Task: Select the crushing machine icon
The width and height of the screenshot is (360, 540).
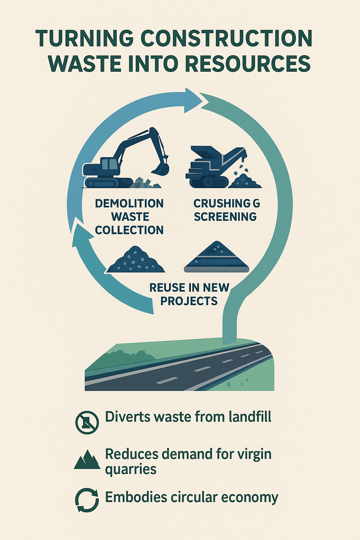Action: [211, 167]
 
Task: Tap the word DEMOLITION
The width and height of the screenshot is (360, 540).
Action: [129, 204]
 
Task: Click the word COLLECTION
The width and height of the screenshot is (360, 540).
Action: [129, 230]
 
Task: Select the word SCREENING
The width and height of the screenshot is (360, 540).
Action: [225, 217]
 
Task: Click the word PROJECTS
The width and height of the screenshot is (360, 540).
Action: [189, 301]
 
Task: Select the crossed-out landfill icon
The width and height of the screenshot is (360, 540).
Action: [87, 422]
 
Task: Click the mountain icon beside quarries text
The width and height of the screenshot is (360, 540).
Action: [87, 459]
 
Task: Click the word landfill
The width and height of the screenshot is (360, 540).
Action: [250, 417]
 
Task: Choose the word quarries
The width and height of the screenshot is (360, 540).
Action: [130, 470]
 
